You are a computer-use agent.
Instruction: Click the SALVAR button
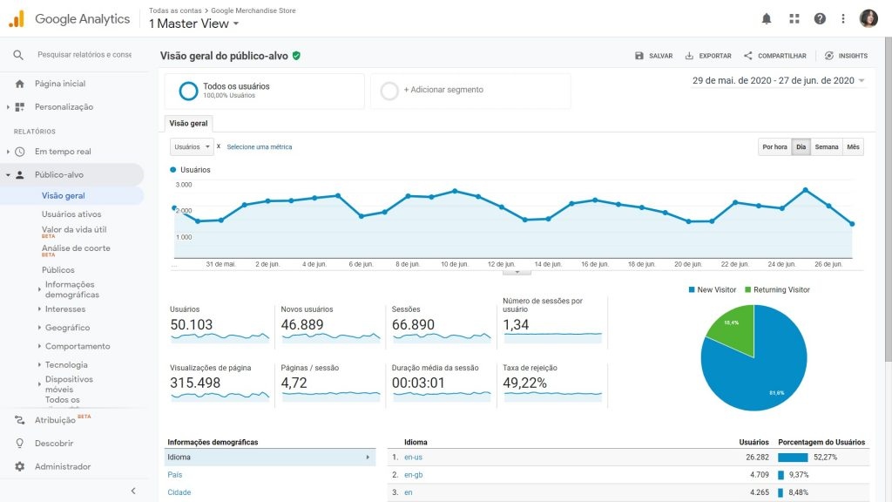coord(654,56)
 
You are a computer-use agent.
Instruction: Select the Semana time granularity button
coord(826,147)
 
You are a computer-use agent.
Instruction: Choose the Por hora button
coord(774,147)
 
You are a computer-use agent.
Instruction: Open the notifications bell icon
coord(767,18)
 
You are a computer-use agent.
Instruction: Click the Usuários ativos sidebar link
coord(71,214)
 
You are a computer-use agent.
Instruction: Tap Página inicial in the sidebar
coord(60,84)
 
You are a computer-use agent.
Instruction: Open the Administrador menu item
coord(63,466)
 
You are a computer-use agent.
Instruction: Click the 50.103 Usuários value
coord(192,325)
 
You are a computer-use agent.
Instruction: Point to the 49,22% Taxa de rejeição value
coord(525,383)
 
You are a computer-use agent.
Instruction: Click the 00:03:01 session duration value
coord(418,383)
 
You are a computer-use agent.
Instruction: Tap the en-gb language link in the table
coord(413,475)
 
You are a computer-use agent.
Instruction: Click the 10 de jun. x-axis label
coord(456,264)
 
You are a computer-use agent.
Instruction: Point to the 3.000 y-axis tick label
coord(184,185)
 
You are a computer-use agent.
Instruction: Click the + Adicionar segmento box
coord(470,90)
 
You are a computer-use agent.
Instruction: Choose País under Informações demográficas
coord(175,475)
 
